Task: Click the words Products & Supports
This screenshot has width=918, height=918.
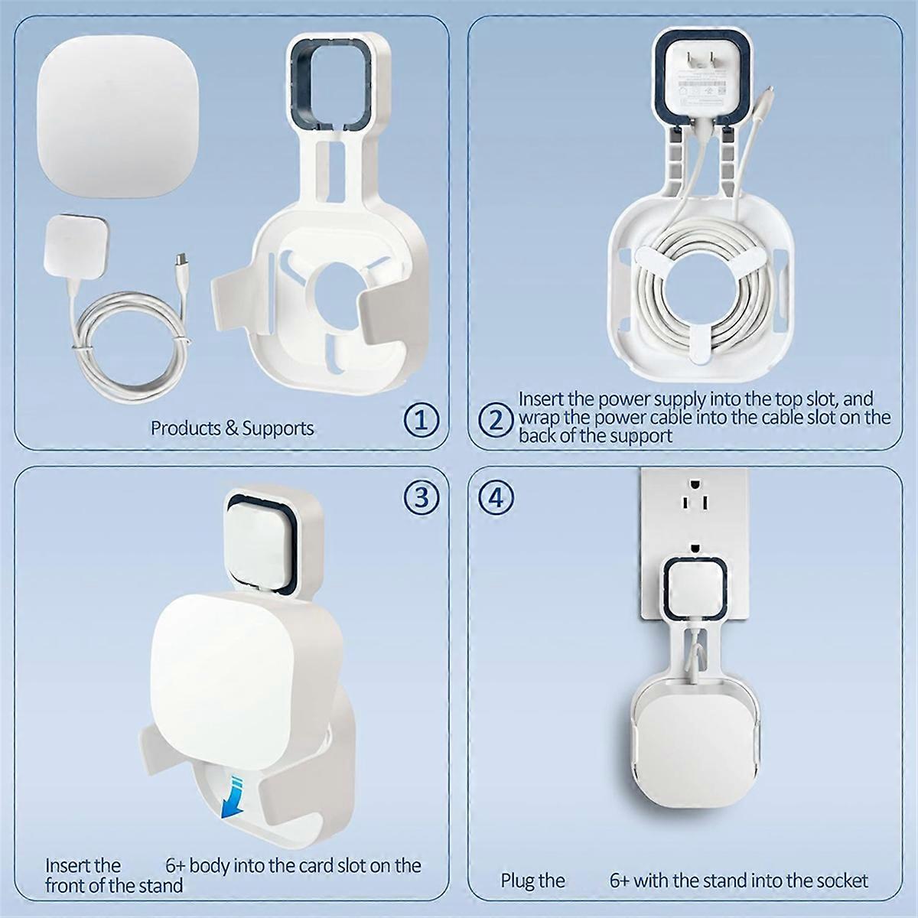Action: (x=232, y=428)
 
